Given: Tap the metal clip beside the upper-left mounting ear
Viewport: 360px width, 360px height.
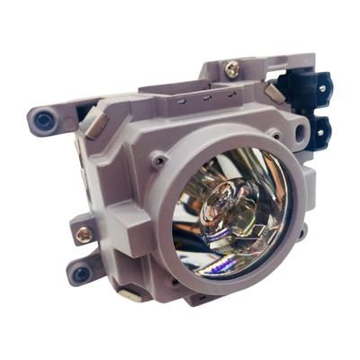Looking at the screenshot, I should pos(90,115).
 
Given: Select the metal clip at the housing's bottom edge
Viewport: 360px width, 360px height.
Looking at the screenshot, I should pos(131,293).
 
